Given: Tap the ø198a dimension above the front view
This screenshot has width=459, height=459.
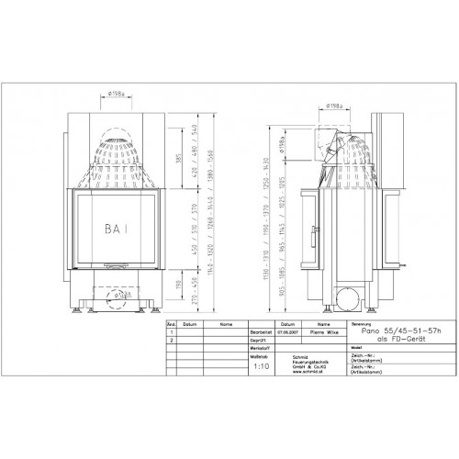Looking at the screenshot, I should pos(117,92).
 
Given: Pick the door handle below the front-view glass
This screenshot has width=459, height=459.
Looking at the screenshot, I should pos(117,269).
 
